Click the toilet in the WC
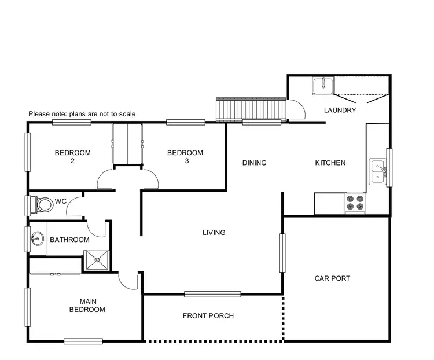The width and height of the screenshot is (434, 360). click(43, 204)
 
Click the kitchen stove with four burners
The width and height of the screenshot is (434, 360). click(355, 202)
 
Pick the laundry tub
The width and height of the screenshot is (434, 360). click(321, 86)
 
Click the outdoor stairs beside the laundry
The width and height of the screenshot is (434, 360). click(251, 108)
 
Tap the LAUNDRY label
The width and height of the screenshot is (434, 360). click(340, 110)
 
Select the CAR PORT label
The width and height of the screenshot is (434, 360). click(332, 278)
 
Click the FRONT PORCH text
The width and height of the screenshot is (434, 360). click(208, 315)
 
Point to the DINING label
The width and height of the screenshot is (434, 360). click(254, 163)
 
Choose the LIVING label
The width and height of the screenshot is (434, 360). click(214, 233)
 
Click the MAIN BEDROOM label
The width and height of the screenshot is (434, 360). click(87, 305)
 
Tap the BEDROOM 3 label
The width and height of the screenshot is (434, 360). click(185, 157)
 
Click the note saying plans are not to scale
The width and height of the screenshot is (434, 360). click(82, 114)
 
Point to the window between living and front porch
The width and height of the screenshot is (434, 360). click(212, 294)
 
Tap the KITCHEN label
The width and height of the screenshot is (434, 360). click(330, 163)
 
